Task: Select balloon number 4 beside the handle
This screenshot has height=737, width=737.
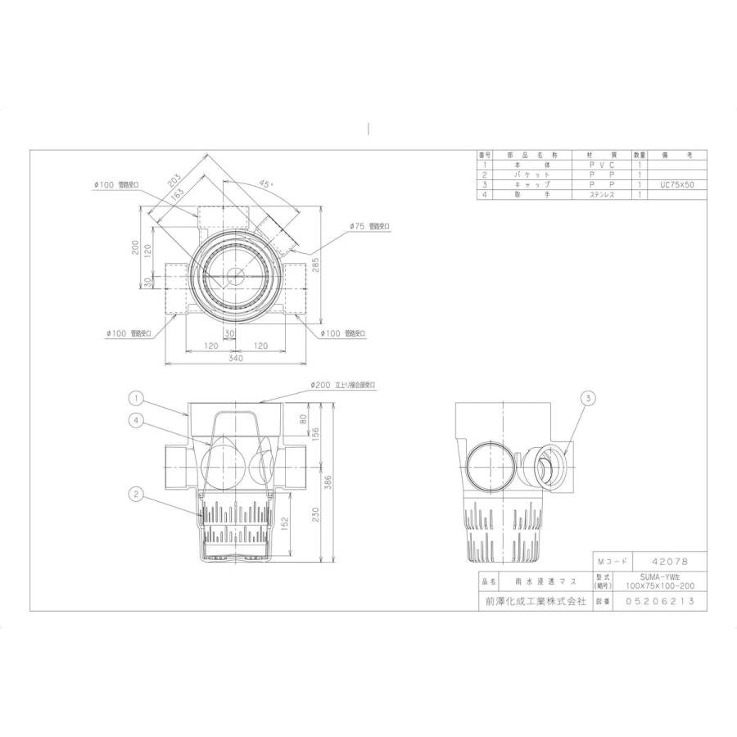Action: [138, 422]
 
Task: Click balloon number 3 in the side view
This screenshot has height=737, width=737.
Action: [587, 399]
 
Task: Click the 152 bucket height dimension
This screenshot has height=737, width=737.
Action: [283, 525]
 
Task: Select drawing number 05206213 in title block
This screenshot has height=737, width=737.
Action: [658, 600]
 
